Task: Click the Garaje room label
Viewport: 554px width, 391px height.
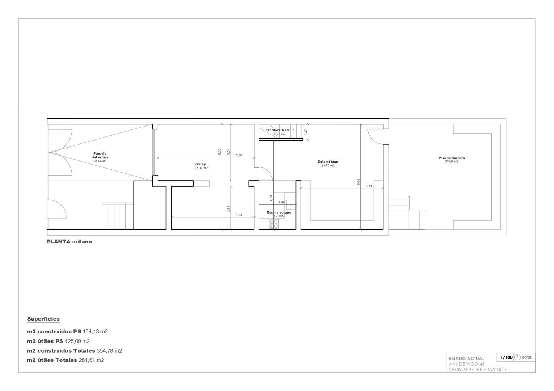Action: pos(201,164)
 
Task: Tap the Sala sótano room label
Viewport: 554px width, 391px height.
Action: pos(328,162)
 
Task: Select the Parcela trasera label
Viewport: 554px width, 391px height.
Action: pos(451,158)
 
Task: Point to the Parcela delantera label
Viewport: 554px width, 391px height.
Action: pos(100,155)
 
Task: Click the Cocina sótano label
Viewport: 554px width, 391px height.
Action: pos(279,212)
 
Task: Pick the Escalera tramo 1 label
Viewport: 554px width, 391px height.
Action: pos(280,130)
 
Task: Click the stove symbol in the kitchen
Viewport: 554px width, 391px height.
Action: pos(274,224)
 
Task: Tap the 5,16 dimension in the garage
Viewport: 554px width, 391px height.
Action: pos(239,155)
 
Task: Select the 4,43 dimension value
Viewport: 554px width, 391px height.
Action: pos(239,215)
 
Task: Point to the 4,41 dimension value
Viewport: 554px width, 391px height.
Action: pos(369,186)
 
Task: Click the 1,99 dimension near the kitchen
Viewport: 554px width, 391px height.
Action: pos(281,202)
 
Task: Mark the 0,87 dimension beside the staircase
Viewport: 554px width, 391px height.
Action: pos(305,132)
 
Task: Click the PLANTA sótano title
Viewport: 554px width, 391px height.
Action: pos(69,242)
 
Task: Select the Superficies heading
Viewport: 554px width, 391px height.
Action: pos(43,319)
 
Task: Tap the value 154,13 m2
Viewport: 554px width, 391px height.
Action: pos(95,332)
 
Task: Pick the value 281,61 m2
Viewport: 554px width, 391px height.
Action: pos(91,360)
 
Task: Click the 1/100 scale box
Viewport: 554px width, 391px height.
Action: pos(506,357)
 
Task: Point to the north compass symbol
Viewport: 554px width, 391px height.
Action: pos(517,357)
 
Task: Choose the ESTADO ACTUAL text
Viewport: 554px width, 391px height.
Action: pos(466,358)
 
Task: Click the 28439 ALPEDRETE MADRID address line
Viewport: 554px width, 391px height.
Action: pos(477,370)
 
